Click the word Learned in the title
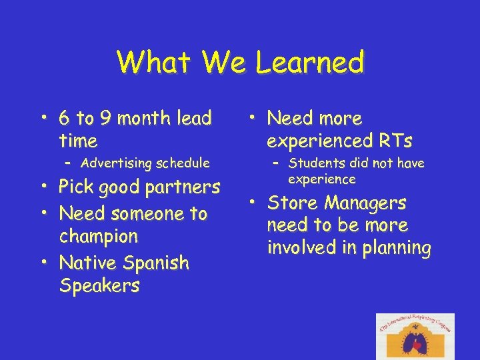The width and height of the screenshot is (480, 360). coord(309,63)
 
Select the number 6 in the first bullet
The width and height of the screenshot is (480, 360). coord(65,119)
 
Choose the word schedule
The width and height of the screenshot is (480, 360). coord(180,163)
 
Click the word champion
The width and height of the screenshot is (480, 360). coord(99,237)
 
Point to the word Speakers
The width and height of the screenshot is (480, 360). coord(99,286)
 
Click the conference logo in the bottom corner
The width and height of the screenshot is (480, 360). coord(415,336)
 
